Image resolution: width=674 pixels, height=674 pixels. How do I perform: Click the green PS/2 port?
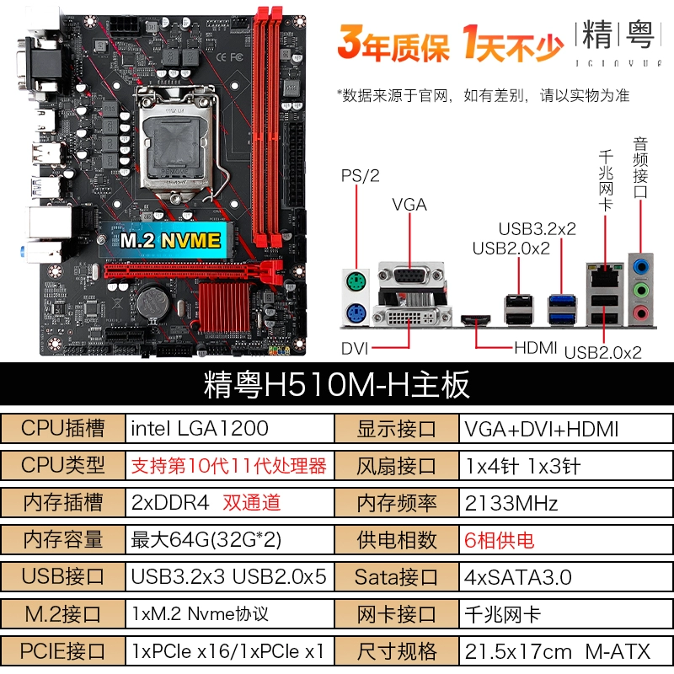coord(356,282)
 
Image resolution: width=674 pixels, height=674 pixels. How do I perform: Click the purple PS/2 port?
coord(356,313)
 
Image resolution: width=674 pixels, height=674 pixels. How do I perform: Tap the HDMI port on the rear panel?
coord(476,319)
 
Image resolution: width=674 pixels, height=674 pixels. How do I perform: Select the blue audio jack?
coord(641,267)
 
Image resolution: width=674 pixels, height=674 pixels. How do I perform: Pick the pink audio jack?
coord(640,312)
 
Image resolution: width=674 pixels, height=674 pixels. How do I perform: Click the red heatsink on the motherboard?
coord(224,307)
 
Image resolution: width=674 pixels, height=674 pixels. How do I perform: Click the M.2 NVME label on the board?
coord(171,240)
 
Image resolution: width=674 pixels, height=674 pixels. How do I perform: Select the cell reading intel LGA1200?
coord(229,428)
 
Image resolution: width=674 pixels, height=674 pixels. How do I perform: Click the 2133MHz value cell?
coord(565,503)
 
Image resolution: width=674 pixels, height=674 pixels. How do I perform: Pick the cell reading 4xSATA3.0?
coord(565,577)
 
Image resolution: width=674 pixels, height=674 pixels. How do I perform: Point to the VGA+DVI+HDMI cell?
coord(565,428)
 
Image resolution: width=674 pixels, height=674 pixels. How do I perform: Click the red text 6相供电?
coord(499,540)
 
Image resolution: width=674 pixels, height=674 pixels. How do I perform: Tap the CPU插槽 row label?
coord(62,428)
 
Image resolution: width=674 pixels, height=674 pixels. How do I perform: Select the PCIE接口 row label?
coord(62,651)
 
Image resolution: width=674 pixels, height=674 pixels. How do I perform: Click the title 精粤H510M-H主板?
coord(336,384)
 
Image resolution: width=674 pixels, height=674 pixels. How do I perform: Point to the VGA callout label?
coord(409,205)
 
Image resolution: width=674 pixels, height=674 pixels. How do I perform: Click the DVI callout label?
coord(355,349)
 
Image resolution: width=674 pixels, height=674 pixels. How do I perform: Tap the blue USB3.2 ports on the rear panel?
coord(562,309)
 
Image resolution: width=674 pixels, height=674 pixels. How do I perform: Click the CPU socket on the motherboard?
coord(175,140)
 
